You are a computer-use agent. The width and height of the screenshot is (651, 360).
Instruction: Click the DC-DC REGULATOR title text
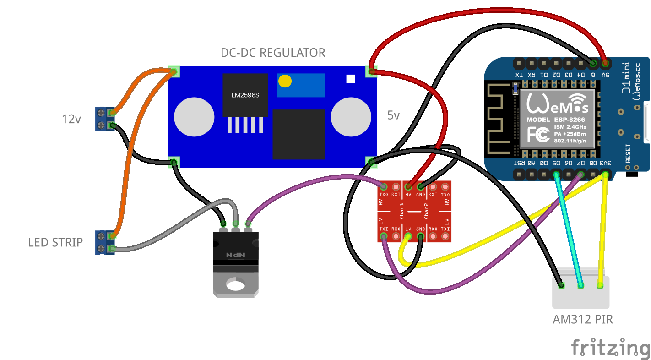[x=273, y=53]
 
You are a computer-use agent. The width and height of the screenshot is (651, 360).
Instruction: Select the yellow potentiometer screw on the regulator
[x=285, y=81]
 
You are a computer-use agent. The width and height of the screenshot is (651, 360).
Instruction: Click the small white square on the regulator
[x=351, y=79]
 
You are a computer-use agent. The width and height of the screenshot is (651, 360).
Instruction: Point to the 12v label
[x=71, y=120]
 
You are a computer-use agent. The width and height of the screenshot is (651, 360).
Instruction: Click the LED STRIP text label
[x=55, y=242]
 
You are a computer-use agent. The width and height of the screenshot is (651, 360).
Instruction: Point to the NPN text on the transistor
[x=236, y=254]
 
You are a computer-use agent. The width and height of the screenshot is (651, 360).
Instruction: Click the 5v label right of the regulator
[x=393, y=116]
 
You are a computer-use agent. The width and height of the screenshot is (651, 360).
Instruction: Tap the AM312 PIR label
[x=582, y=319]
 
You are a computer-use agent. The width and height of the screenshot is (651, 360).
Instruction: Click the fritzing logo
[x=610, y=347]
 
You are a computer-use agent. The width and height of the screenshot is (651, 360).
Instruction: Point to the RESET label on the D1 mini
[x=628, y=153]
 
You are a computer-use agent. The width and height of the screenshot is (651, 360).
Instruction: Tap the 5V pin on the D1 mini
[x=605, y=63]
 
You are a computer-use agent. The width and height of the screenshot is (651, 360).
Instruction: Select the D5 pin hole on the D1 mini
[x=556, y=174]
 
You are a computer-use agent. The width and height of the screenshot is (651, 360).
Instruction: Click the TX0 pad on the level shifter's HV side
[x=384, y=187]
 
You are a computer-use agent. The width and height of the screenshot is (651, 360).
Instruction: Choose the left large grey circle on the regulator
[x=195, y=116]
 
